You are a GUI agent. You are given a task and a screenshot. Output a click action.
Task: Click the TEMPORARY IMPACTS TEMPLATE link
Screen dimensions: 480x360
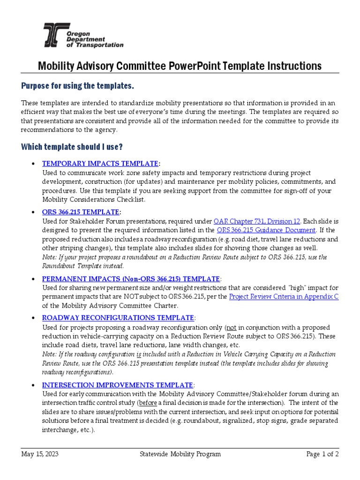[100, 164]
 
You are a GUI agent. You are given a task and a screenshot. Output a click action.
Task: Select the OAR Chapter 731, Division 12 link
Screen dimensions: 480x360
[257, 221]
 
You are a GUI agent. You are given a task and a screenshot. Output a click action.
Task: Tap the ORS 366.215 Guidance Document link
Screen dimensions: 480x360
[267, 230]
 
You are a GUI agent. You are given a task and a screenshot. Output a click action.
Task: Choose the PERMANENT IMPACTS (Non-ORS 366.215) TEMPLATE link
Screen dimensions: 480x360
[131, 278]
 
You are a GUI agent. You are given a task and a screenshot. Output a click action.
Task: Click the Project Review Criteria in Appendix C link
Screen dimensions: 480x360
[284, 297]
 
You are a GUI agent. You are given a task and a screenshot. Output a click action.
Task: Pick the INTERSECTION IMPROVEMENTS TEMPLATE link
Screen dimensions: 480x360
[117, 384]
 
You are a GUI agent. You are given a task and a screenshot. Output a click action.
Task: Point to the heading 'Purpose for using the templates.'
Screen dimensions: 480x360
[78, 86]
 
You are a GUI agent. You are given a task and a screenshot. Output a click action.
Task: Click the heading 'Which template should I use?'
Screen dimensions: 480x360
[72, 147]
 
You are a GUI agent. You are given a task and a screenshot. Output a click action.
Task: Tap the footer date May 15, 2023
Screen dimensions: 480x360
[40, 454]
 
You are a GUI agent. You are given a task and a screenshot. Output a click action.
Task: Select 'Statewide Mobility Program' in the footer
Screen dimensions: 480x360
[180, 454]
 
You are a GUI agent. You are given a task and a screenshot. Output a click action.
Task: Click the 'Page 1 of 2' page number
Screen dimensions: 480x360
[322, 454]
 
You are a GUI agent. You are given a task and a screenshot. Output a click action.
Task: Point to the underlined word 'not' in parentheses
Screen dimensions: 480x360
[232, 327]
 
